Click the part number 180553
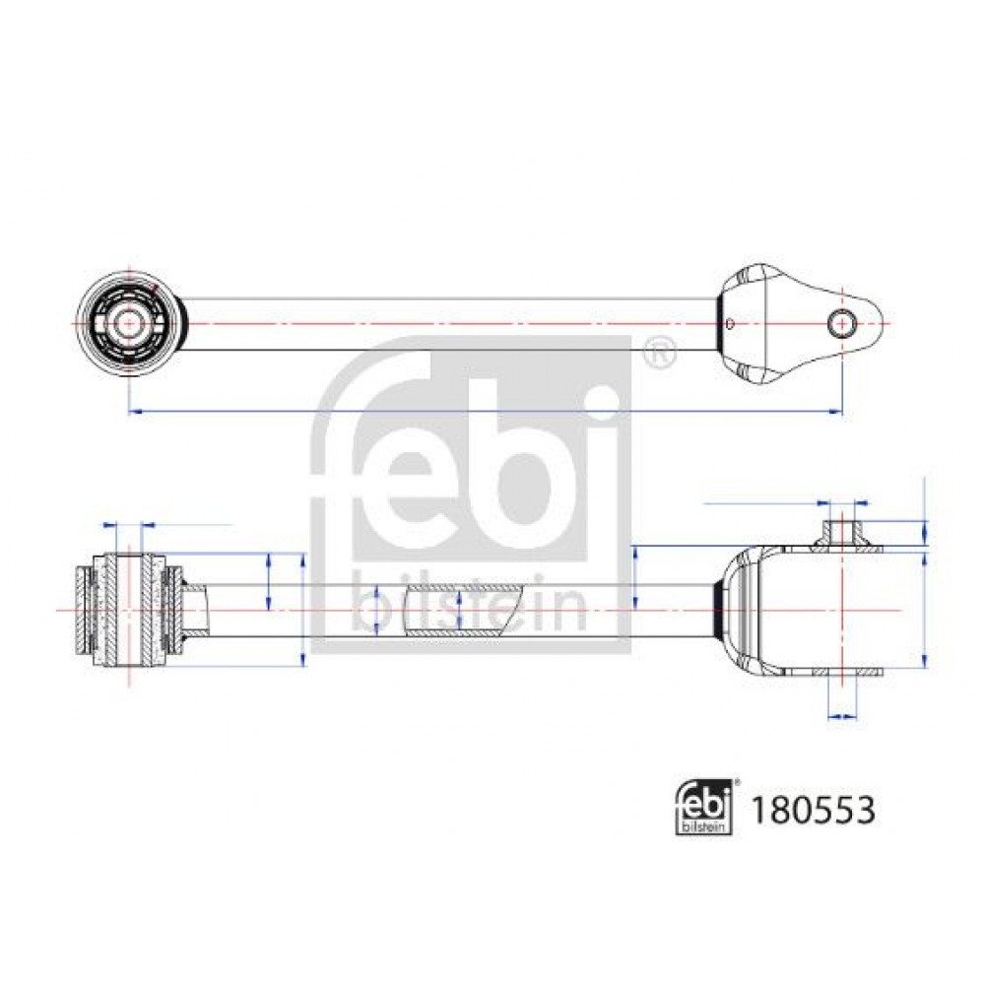(x=813, y=811)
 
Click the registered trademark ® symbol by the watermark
(x=660, y=353)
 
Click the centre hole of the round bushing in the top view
(x=128, y=323)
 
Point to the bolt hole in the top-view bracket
(x=841, y=323)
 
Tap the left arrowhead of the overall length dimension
(x=134, y=412)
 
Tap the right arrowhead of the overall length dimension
(x=836, y=412)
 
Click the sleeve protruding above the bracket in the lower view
(x=842, y=535)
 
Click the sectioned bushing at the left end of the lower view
(x=129, y=610)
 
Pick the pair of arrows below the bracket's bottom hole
(x=842, y=715)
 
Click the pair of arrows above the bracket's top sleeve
(x=842, y=502)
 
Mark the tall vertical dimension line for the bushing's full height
(x=303, y=610)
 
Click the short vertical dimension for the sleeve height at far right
(x=924, y=533)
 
